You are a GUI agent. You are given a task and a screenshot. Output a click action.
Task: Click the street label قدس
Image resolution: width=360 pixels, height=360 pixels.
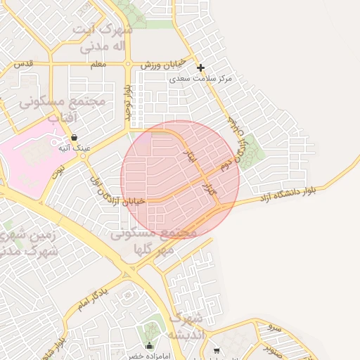tap(23, 63)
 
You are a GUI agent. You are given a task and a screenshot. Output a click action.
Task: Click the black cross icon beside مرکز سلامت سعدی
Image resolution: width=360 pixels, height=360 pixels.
tap(201, 68)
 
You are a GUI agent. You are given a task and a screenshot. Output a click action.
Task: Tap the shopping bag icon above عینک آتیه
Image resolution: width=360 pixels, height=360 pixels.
tap(75, 138)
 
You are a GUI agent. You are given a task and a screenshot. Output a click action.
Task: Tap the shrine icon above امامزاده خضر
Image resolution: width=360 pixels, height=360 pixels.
tap(149, 346)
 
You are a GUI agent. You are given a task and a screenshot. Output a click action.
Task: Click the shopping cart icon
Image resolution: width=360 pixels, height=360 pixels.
tap(217, 350)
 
